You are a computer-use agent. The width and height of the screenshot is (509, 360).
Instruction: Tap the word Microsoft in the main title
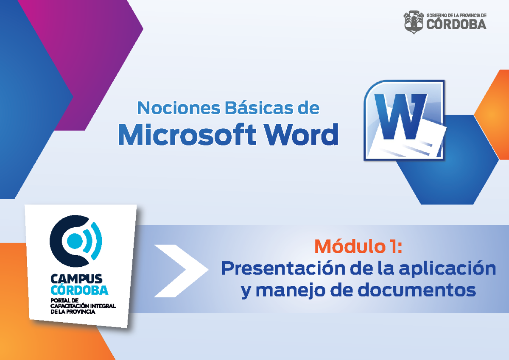click(186, 134)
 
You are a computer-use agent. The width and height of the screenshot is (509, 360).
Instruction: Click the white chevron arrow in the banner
click(180, 270)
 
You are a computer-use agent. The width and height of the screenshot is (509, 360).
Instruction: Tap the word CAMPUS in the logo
click(77, 279)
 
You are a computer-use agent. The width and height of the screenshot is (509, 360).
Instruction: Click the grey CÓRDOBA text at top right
click(456, 25)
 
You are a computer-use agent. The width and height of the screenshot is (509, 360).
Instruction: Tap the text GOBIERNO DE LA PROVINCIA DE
click(456, 15)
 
